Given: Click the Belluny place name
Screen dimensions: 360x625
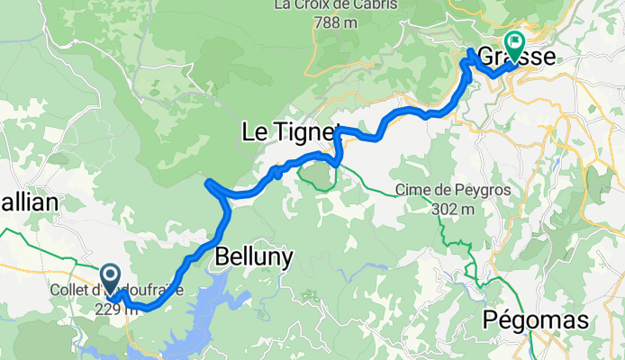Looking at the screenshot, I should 254,258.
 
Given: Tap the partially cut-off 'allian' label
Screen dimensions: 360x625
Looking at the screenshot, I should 29,203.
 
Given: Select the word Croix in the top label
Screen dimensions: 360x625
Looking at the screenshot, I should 309,6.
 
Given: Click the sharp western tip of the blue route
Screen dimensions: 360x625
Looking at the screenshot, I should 208,184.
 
